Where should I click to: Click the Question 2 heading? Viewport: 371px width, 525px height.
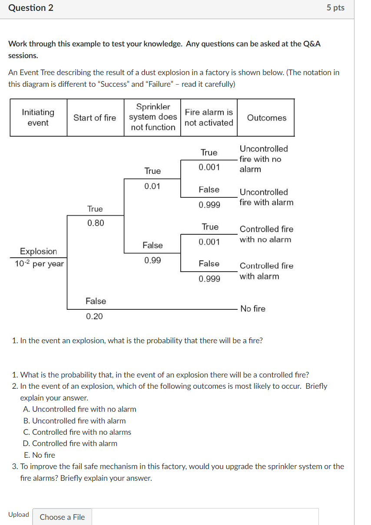point(31,8)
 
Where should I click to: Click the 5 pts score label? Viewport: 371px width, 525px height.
point(335,8)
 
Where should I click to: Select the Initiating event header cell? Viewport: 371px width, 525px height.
point(38,118)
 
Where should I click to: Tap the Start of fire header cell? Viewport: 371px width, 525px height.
point(95,118)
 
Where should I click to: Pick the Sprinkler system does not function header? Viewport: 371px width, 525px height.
point(153,117)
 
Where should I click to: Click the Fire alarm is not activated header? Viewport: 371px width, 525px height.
point(209,118)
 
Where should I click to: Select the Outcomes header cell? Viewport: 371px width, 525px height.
point(266,118)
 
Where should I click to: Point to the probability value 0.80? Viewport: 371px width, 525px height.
point(96,223)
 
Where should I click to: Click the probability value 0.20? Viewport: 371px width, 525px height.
point(95,316)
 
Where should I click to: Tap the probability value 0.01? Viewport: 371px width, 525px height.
point(152,186)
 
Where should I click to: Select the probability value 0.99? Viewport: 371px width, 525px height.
point(152,260)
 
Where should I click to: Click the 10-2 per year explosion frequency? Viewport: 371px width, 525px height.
point(39,264)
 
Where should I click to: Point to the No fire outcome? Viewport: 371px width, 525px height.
point(253,308)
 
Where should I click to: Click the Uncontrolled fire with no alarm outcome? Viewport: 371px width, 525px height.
point(263,159)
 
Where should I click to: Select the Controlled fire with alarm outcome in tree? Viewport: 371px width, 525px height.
point(266,271)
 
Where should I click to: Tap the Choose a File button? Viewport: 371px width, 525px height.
point(62,517)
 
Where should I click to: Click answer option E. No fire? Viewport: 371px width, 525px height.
point(40,455)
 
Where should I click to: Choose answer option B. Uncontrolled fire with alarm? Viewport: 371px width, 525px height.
point(74,421)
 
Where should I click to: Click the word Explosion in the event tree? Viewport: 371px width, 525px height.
point(39,251)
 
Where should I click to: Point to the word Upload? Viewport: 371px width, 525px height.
point(19,515)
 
